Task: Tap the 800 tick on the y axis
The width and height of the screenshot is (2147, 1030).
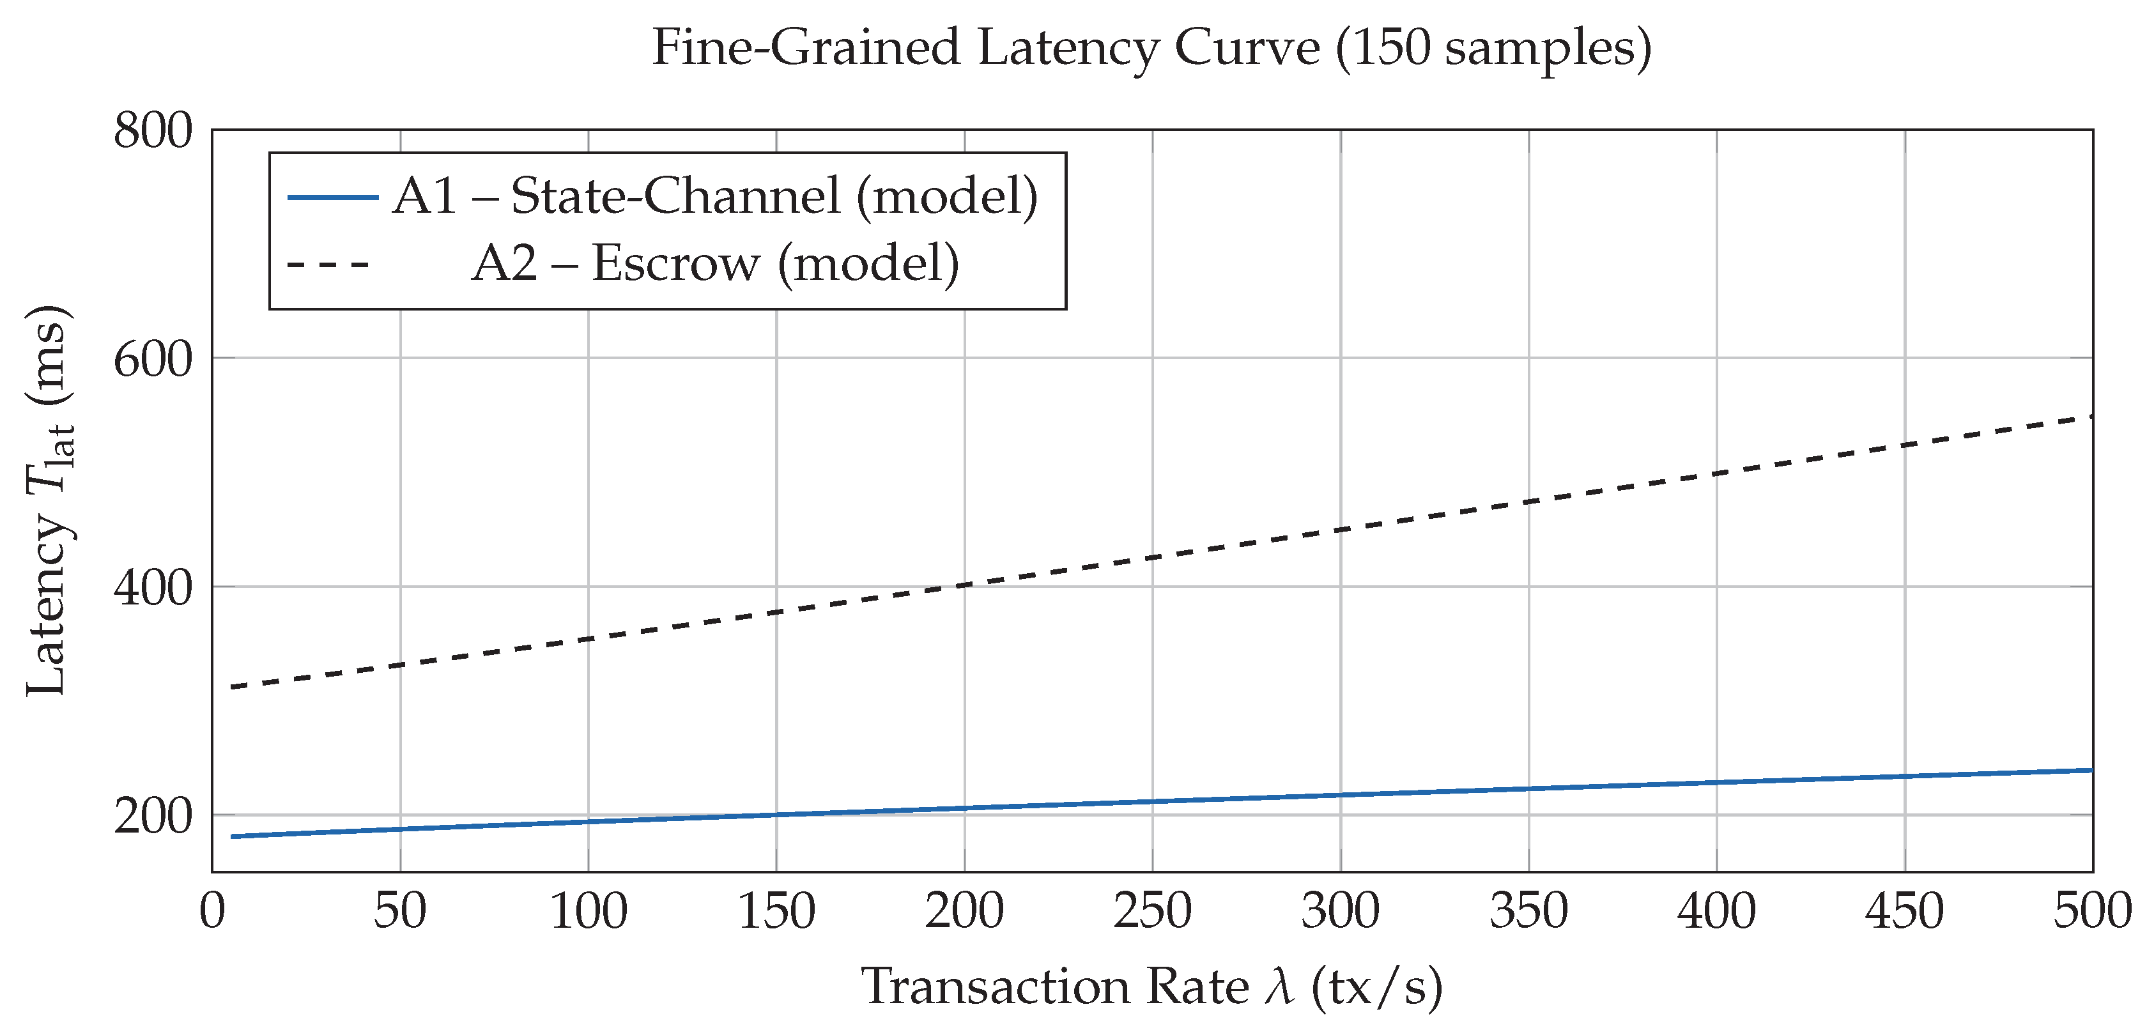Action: pyautogui.click(x=153, y=131)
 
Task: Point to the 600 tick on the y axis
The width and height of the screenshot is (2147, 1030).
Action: pyautogui.click(x=153, y=360)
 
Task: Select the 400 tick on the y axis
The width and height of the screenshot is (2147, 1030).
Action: pyautogui.click(x=153, y=588)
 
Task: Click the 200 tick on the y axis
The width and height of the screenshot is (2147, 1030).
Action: pyautogui.click(x=153, y=817)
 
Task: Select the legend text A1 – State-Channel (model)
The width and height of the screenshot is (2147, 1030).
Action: pyautogui.click(x=715, y=197)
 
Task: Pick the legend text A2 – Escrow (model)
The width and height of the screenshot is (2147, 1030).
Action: pyautogui.click(x=715, y=263)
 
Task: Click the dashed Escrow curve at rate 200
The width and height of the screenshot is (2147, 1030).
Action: pyautogui.click(x=964, y=585)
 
